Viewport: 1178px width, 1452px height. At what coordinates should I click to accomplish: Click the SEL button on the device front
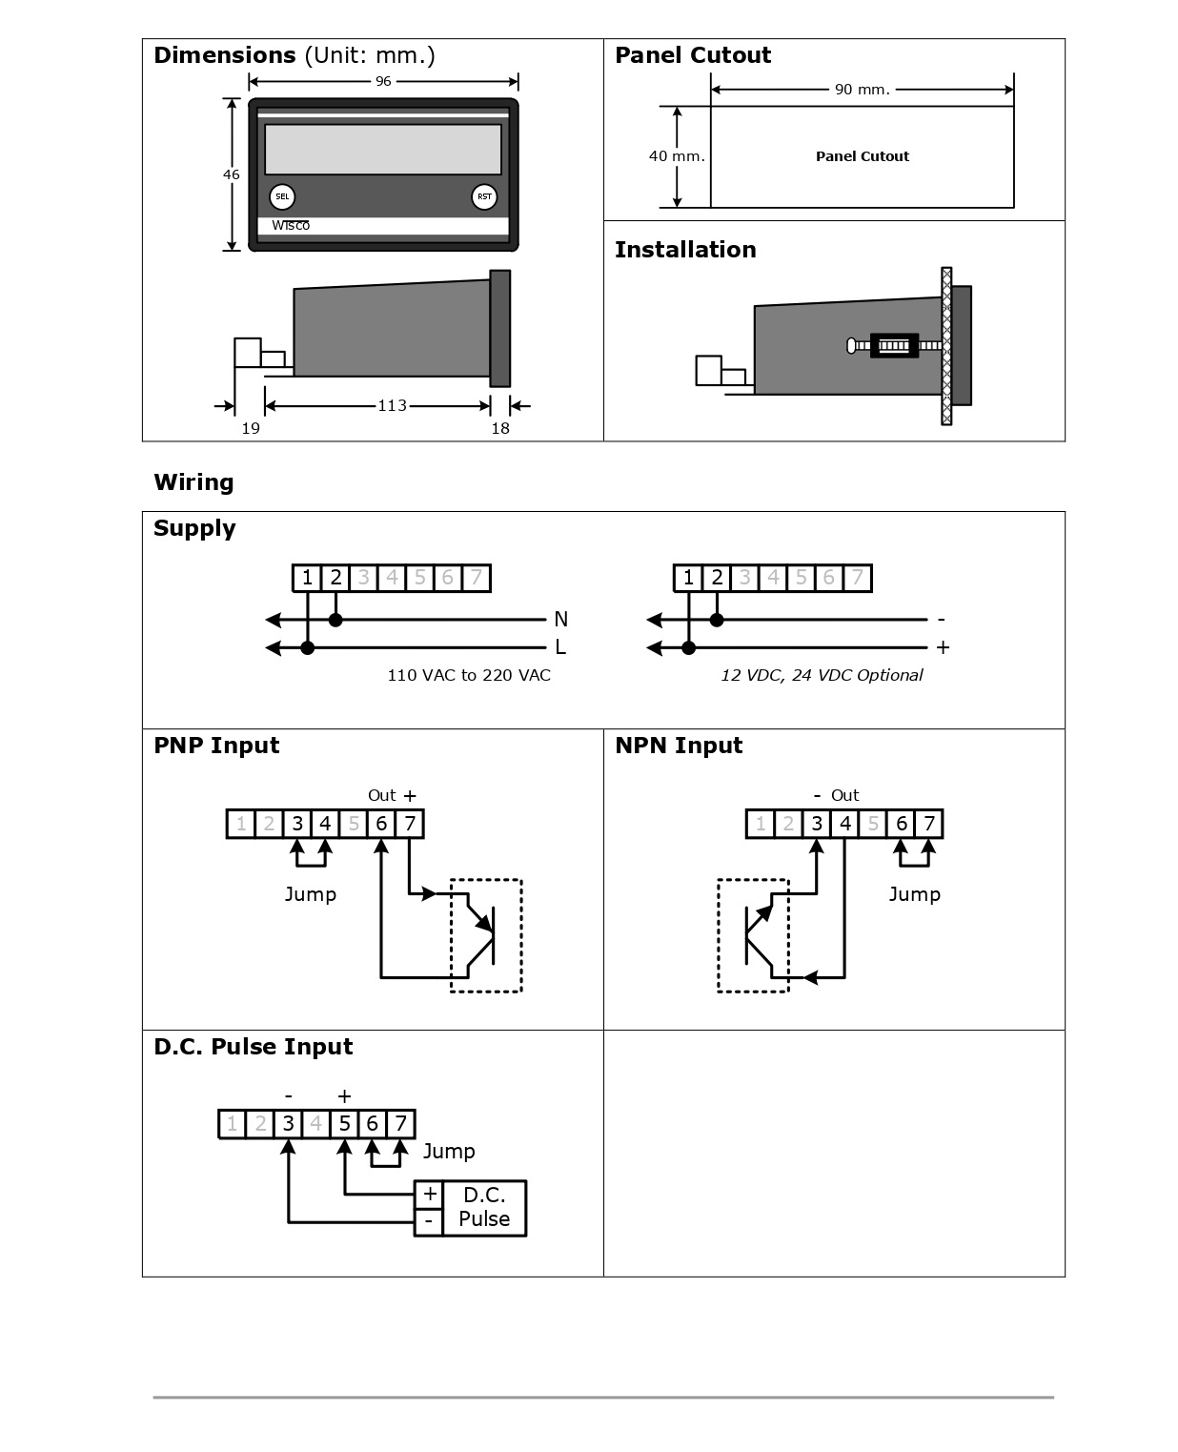pos(282,197)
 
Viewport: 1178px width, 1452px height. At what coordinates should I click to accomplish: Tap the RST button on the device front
pos(484,197)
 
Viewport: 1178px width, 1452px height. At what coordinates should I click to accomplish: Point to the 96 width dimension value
pos(383,82)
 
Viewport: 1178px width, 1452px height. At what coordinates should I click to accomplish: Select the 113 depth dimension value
pos(392,406)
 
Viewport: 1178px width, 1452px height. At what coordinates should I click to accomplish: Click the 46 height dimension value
pos(232,174)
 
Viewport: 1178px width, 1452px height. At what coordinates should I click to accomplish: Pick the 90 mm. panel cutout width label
pos(862,90)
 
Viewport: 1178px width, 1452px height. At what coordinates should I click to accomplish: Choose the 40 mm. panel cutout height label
pos(677,156)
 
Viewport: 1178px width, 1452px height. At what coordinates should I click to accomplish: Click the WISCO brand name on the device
pos(291,226)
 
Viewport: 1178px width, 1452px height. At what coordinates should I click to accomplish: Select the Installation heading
pos(685,250)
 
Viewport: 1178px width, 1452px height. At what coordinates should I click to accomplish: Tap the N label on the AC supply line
pos(560,620)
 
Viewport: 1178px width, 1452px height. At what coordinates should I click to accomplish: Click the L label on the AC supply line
pos(560,647)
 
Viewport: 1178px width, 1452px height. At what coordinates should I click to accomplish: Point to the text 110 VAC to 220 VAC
pos(469,675)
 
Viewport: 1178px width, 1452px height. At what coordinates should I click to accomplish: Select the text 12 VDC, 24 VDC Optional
pos(822,675)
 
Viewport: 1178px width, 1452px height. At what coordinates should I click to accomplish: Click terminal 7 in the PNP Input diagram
pos(410,824)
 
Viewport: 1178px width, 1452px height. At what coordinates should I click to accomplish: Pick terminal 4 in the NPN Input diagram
pos(845,824)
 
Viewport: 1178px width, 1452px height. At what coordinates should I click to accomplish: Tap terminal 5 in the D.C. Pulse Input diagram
pos(344,1124)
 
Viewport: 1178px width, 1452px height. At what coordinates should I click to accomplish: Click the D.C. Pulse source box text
pos(484,1207)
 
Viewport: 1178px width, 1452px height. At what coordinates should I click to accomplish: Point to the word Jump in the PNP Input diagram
pos(311,894)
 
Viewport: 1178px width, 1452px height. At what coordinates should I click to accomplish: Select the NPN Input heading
pos(679,746)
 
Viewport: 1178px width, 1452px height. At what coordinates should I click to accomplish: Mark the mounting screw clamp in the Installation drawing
pos(894,345)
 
